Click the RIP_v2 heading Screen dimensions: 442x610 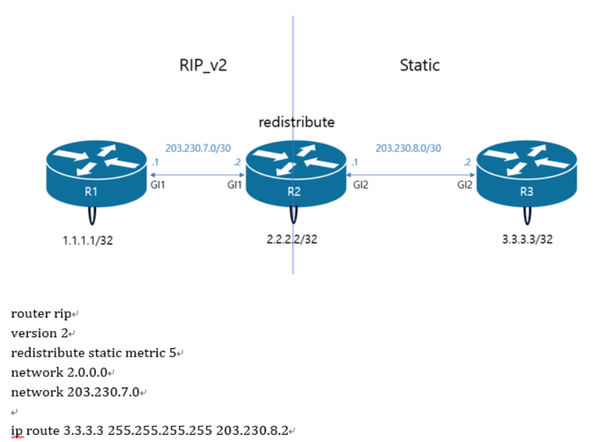[x=207, y=66]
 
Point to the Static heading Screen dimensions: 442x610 [x=419, y=66]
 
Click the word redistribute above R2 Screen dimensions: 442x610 [x=297, y=122]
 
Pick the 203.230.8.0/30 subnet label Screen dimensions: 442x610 [x=409, y=149]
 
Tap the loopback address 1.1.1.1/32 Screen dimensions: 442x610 [x=87, y=241]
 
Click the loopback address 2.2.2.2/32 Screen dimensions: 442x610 [x=292, y=239]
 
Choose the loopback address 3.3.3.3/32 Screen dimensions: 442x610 [x=528, y=239]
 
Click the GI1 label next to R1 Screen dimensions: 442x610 [x=158, y=185]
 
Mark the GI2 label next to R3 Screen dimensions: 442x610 [x=466, y=185]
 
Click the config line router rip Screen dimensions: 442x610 [x=42, y=314]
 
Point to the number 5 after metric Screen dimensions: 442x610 [x=173, y=352]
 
